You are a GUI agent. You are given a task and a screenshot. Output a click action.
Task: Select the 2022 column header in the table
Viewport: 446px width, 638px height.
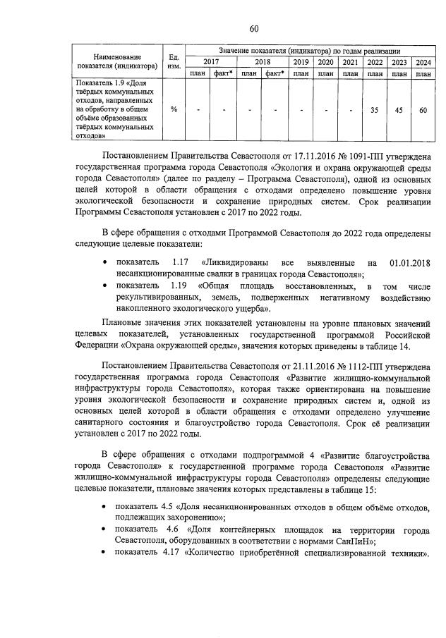pos(375,62)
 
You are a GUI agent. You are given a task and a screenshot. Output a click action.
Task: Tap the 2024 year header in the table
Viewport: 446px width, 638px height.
pos(423,62)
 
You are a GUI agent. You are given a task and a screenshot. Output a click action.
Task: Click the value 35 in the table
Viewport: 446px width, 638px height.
pos(375,110)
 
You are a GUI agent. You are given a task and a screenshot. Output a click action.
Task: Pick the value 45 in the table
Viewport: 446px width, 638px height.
pos(399,110)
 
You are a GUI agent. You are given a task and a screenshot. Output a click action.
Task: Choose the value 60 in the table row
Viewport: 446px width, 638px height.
pos(423,110)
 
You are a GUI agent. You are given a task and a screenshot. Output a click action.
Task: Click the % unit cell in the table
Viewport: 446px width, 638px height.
pos(173,110)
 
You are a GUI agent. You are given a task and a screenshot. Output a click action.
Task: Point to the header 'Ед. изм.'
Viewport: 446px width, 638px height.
pos(173,61)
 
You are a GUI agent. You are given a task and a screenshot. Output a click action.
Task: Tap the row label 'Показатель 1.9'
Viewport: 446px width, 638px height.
pos(106,84)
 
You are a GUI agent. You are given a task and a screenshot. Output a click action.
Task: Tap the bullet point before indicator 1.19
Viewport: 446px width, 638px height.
pos(105,286)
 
